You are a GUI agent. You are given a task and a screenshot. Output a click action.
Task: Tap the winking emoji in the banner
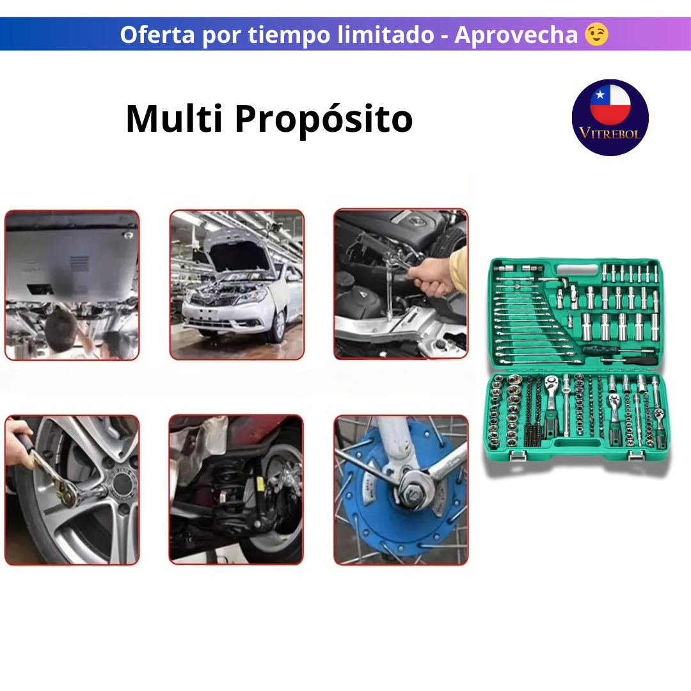coord(596,34)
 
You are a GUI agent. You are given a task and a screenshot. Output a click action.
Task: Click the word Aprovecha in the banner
coord(516,35)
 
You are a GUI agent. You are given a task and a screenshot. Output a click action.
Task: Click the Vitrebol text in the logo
coord(610,133)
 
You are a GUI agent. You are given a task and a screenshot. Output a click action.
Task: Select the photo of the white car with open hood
coord(237,285)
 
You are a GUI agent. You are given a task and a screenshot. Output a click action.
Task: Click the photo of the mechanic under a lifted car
coord(72,285)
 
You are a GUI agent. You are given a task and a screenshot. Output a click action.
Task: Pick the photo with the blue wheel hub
coord(401,490)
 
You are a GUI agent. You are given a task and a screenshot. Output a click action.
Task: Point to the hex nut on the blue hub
coord(409,493)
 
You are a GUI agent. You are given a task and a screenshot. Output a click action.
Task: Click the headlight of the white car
coord(251,295)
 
